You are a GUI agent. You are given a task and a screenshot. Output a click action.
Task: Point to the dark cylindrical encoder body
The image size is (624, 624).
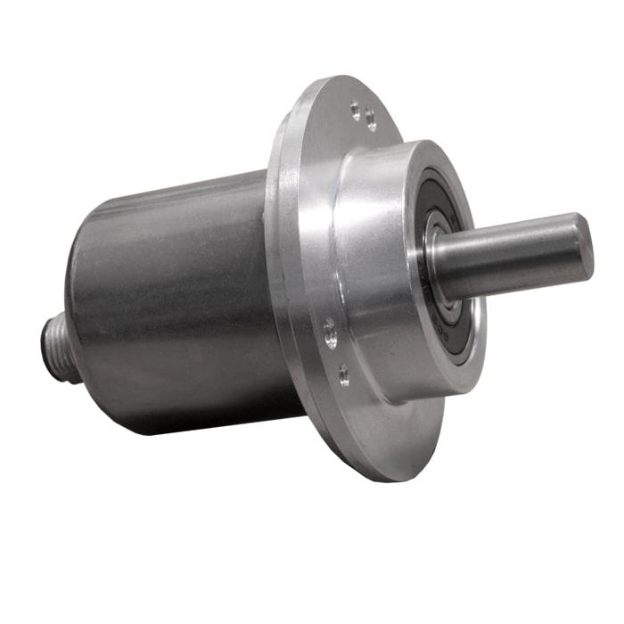coord(178,303)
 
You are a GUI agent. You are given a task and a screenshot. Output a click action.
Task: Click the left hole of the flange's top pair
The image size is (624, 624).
coord(355,111)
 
